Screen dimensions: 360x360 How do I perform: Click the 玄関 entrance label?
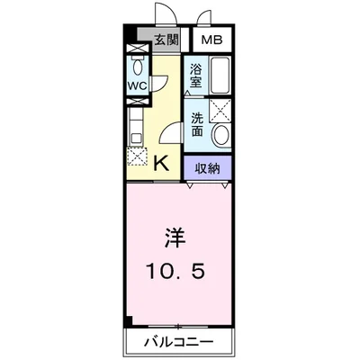coord(166,39)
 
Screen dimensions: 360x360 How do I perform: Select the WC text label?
coord(137,86)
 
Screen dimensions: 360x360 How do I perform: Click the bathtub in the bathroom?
coord(220,74)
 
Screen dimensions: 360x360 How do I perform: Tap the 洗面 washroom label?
coord(197,124)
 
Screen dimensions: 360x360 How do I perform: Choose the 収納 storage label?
coord(208,166)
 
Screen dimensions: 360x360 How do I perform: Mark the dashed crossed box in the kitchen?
coord(137,157)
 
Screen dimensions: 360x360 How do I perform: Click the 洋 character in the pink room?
coord(175,238)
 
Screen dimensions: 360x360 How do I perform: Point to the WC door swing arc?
coord(158,81)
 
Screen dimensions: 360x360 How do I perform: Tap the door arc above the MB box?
coord(203,18)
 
